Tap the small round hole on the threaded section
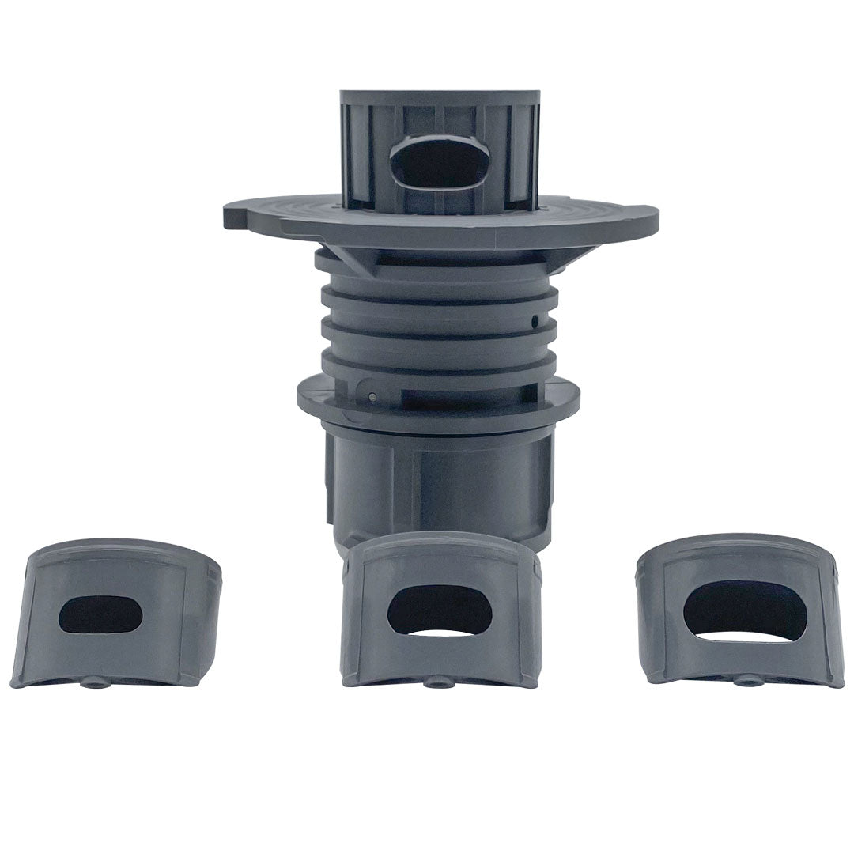535,321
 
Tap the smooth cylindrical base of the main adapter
439,482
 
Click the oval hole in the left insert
100,614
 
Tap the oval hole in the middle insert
440,610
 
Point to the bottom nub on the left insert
96,682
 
